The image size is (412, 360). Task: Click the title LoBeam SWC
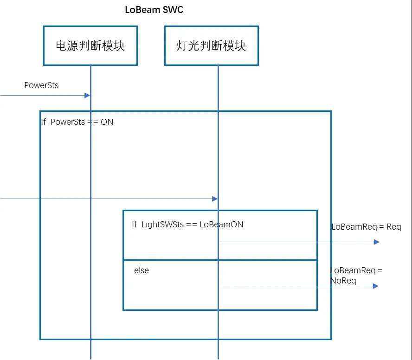(x=154, y=10)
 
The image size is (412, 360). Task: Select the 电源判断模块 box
(x=90, y=45)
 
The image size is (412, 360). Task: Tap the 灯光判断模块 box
(x=211, y=45)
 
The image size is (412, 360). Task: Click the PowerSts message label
(x=41, y=85)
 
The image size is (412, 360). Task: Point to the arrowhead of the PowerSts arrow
(x=87, y=95)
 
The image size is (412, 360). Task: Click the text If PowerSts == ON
(x=77, y=122)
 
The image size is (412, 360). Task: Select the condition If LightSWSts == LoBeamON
(x=187, y=225)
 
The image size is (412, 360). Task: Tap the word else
(x=142, y=270)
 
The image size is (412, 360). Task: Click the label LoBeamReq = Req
(x=366, y=227)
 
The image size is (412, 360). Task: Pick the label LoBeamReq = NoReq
(x=356, y=276)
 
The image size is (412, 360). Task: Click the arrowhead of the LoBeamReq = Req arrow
(x=376, y=242)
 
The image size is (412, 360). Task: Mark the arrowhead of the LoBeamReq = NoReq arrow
(x=376, y=286)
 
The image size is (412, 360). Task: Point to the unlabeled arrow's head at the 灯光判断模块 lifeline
(x=215, y=199)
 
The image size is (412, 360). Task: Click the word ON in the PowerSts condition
(x=107, y=122)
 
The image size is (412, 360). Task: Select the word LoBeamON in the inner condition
(x=221, y=225)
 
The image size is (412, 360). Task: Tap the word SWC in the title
(x=173, y=10)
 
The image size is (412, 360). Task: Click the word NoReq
(x=343, y=281)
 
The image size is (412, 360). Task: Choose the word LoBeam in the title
(x=142, y=10)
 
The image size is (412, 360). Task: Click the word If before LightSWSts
(x=134, y=225)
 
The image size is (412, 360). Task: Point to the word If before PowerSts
(x=44, y=122)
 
